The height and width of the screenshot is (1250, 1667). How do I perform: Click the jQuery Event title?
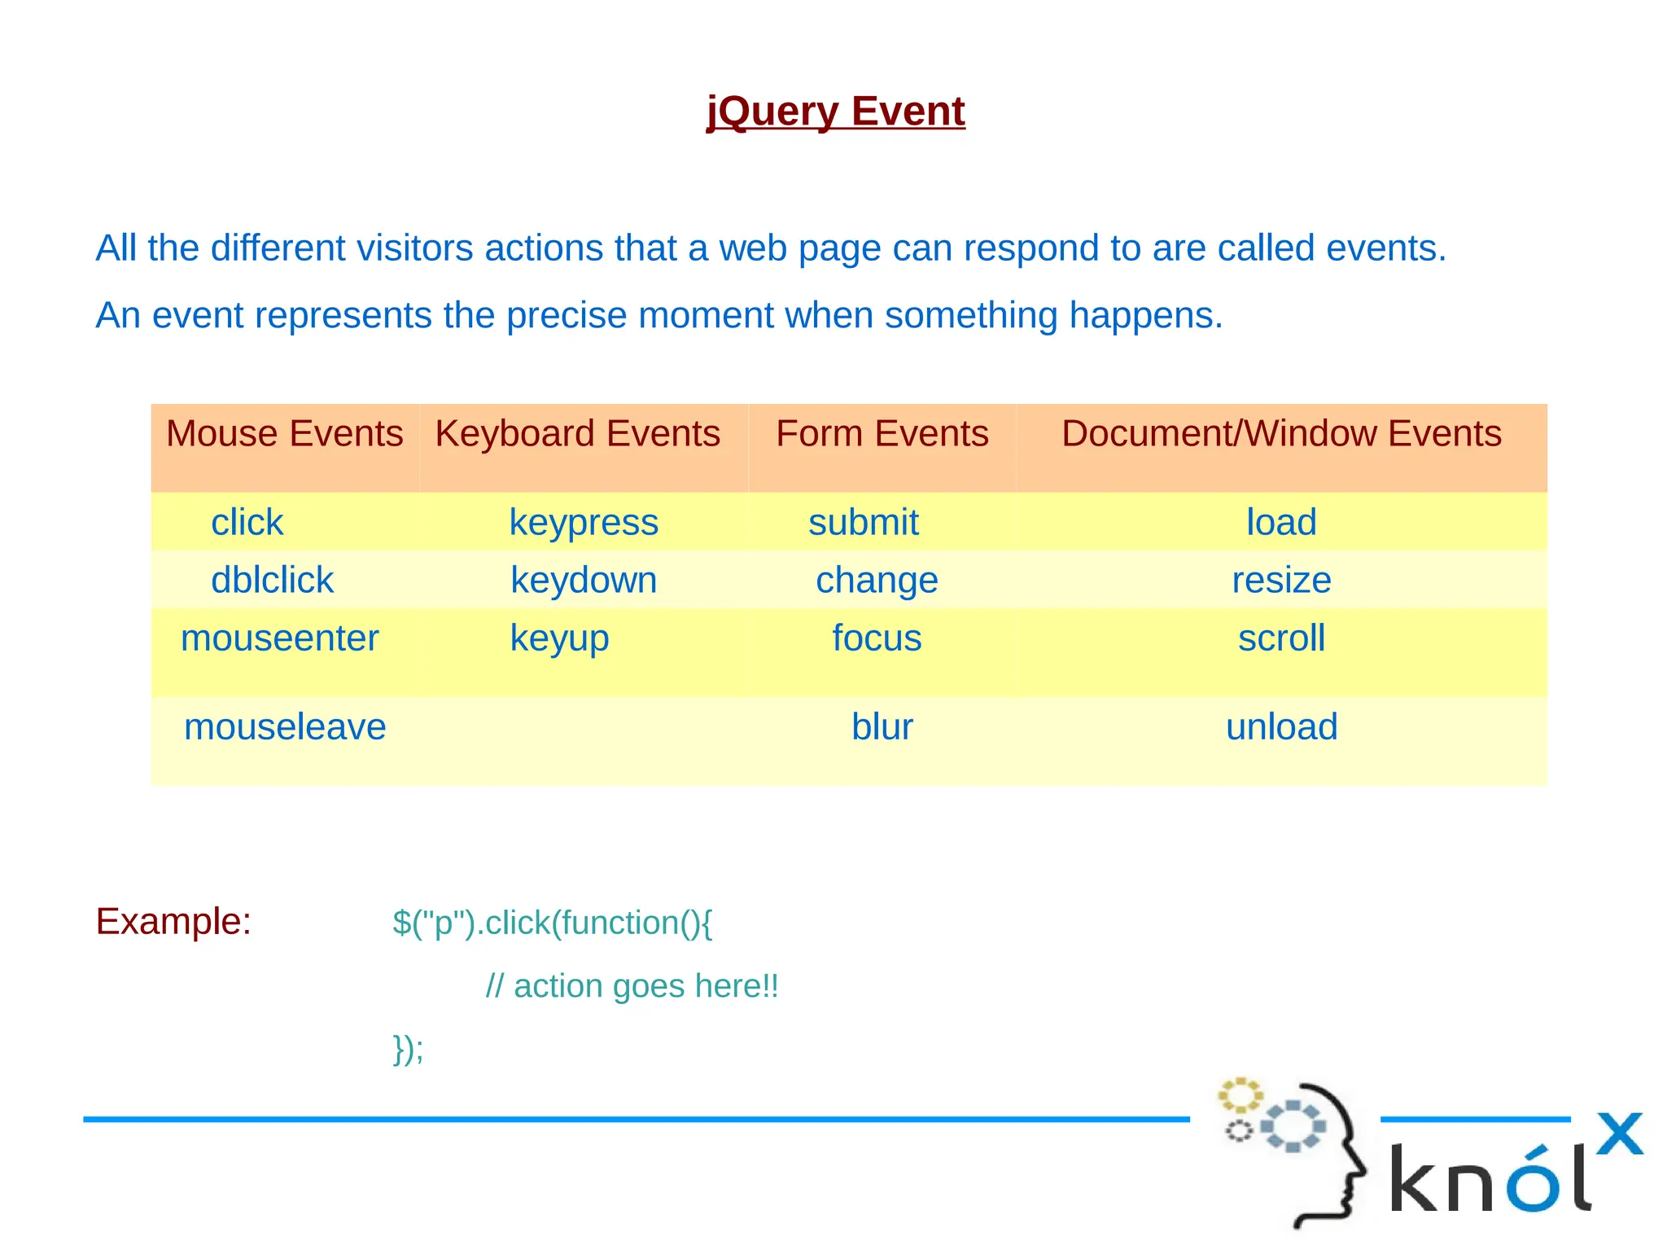point(835,112)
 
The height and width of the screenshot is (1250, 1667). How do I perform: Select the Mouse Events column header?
point(284,434)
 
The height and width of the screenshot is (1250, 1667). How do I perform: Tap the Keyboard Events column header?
point(577,434)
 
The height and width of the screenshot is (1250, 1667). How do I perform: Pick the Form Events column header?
point(882,434)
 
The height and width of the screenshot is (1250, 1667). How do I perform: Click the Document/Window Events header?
point(1281,434)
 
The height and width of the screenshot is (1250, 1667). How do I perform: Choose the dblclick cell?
point(272,581)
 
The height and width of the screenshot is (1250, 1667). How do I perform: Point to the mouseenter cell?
point(279,638)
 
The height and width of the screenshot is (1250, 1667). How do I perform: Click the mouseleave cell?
point(285,727)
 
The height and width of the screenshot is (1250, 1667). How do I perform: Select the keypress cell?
point(584,523)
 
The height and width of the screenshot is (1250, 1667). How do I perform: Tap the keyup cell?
point(559,638)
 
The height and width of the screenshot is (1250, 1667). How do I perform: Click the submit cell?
point(863,523)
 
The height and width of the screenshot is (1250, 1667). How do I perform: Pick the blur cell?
point(882,727)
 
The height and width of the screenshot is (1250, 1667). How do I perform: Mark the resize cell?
point(1281,581)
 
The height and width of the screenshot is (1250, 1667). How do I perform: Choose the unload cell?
point(1281,727)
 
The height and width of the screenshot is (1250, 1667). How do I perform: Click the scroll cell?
point(1281,638)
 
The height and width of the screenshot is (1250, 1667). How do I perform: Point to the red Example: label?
point(173,922)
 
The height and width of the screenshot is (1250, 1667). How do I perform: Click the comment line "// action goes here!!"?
point(632,986)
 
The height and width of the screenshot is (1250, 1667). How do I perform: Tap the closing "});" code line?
point(408,1049)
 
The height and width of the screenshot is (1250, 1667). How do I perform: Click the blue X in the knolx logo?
point(1619,1134)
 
